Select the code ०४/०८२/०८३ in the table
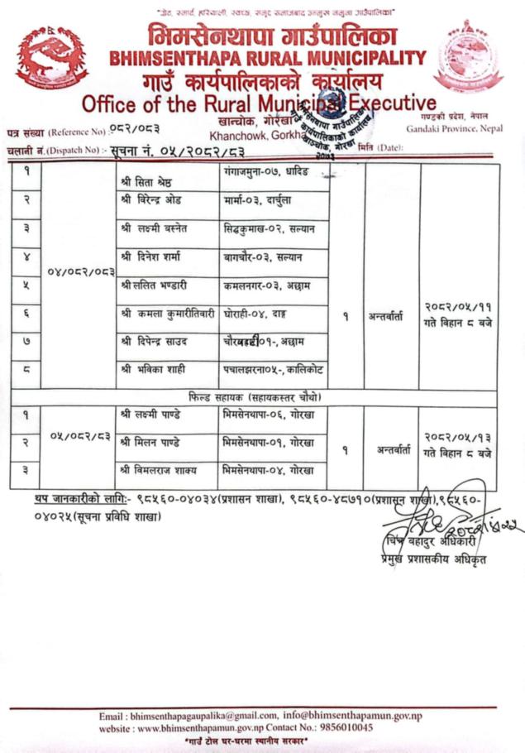point(79,271)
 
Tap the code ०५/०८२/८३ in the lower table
point(80,434)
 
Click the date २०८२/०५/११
point(460,306)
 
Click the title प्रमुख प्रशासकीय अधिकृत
point(428,560)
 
